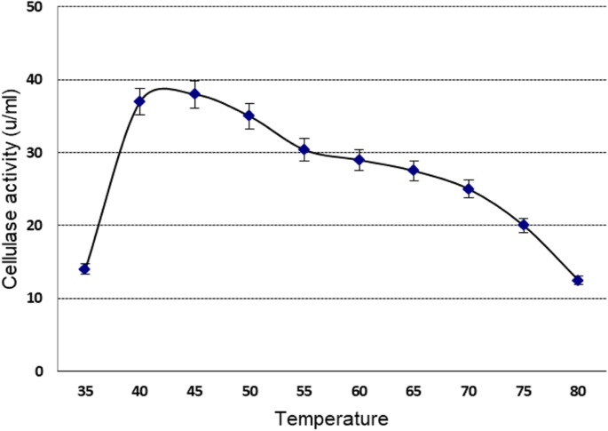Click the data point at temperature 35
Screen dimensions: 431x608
point(84,268)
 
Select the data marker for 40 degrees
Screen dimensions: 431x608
point(139,101)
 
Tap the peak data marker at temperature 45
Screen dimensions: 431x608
point(194,94)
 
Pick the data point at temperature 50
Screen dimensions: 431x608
point(249,116)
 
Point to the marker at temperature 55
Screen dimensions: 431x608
point(304,149)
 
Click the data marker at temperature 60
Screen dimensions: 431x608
point(359,160)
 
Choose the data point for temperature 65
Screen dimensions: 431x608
point(414,171)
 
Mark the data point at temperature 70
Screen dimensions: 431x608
point(469,188)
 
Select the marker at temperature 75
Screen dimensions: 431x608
point(524,225)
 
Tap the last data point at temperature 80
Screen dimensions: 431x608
point(578,280)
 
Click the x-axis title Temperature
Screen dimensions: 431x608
point(330,417)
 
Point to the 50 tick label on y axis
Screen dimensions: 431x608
point(38,7)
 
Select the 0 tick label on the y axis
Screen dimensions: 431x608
point(42,371)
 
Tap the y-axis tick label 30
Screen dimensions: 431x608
point(38,153)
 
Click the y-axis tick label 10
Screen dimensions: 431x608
point(38,299)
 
